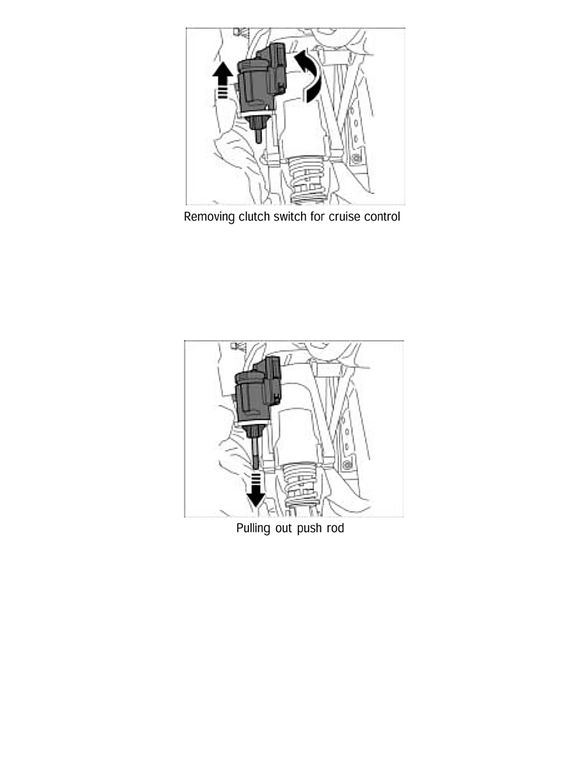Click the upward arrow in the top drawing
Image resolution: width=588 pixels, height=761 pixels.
pyautogui.click(x=222, y=79)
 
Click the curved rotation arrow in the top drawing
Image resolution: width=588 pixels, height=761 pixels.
pyautogui.click(x=308, y=76)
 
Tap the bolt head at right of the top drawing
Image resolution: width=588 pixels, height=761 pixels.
pyautogui.click(x=356, y=158)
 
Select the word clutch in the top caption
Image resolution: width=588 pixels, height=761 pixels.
pyautogui.click(x=253, y=217)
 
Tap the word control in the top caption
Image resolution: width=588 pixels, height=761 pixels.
pyautogui.click(x=383, y=217)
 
